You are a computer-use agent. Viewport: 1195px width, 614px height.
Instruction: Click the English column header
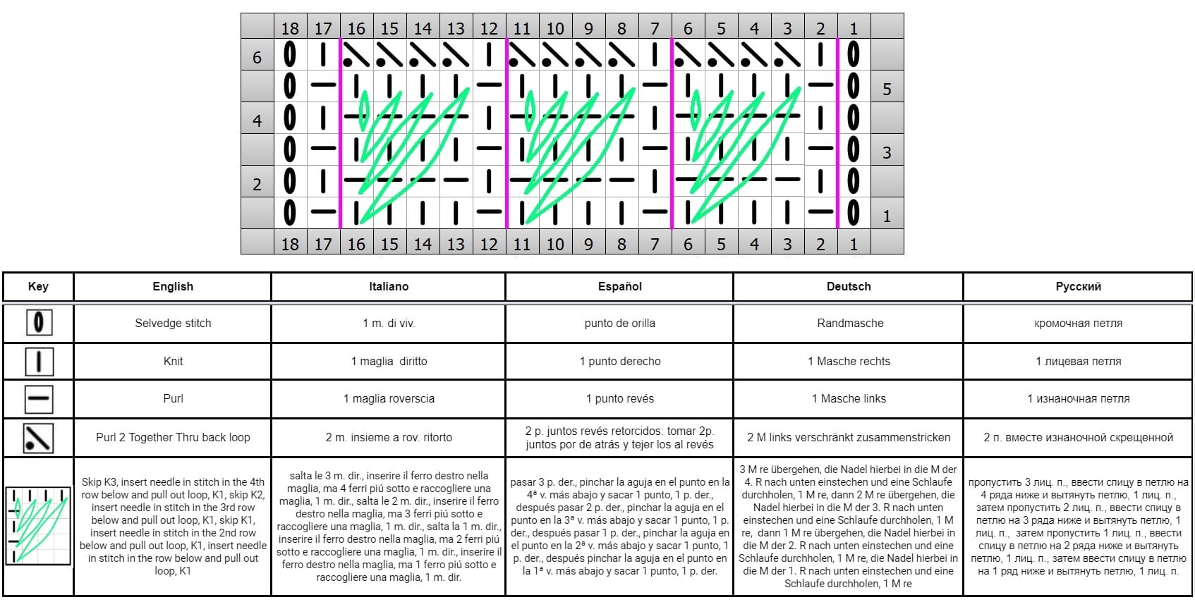[173, 287]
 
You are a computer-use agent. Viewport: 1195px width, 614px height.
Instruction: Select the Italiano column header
[389, 287]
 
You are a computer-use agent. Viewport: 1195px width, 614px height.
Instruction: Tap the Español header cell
[619, 287]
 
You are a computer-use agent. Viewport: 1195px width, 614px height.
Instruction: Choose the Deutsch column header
[848, 287]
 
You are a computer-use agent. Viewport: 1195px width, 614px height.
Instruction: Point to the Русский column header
[1078, 287]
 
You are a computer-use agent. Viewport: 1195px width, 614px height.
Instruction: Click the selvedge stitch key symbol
[39, 322]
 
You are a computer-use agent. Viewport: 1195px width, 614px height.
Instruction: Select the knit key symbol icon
[39, 362]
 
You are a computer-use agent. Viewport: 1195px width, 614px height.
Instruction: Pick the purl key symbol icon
[39, 399]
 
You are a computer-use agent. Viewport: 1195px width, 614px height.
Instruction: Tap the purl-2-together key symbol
[38, 438]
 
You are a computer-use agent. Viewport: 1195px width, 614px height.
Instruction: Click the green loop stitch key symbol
[38, 525]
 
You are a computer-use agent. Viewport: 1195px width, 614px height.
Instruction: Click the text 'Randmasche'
[850, 323]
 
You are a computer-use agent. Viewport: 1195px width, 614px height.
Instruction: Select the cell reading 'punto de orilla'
[619, 323]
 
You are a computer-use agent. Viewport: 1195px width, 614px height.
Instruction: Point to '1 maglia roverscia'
[389, 399]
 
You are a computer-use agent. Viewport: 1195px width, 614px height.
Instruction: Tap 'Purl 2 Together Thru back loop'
[173, 438]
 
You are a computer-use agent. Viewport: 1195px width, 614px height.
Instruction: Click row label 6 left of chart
[257, 57]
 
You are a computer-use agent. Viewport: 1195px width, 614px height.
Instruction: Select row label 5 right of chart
[887, 89]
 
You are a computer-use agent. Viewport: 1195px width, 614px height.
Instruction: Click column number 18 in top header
[290, 28]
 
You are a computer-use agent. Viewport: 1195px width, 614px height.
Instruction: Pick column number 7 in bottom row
[655, 244]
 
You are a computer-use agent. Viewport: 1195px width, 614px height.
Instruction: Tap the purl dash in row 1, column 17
[323, 211]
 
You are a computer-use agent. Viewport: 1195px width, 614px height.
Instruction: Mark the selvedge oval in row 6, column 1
[854, 54]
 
